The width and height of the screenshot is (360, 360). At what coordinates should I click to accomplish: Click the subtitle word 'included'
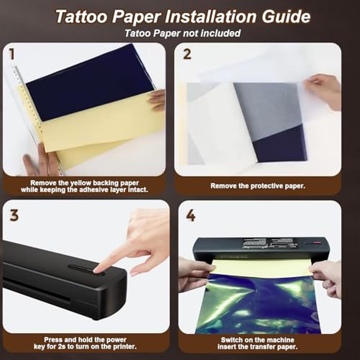tap(221, 33)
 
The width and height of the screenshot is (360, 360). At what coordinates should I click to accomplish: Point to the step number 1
tap(12, 54)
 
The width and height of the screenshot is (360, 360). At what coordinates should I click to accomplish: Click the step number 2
tap(187, 54)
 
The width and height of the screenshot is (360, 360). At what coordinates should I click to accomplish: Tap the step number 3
tap(14, 216)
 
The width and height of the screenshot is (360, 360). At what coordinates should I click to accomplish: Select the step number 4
tap(190, 216)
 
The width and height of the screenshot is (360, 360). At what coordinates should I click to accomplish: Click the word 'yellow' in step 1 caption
tap(80, 183)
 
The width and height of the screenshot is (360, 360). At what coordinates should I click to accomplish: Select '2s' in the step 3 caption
tap(63, 346)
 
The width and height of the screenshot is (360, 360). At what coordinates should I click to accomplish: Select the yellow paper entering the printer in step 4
tap(261, 267)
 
